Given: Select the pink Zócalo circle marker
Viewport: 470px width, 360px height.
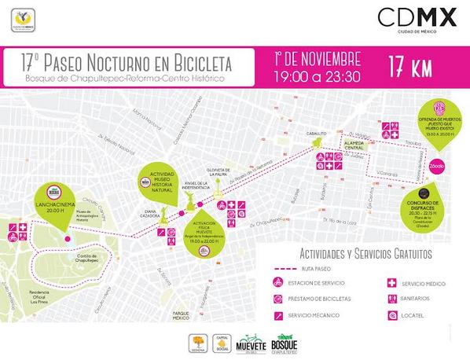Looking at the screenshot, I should coord(437,166).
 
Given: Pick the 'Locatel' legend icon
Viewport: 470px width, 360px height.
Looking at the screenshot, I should coord(391,315).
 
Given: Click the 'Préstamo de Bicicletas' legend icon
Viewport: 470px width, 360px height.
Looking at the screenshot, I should coord(277,299).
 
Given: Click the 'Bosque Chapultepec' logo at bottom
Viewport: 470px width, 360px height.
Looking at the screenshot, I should coord(283,343).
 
